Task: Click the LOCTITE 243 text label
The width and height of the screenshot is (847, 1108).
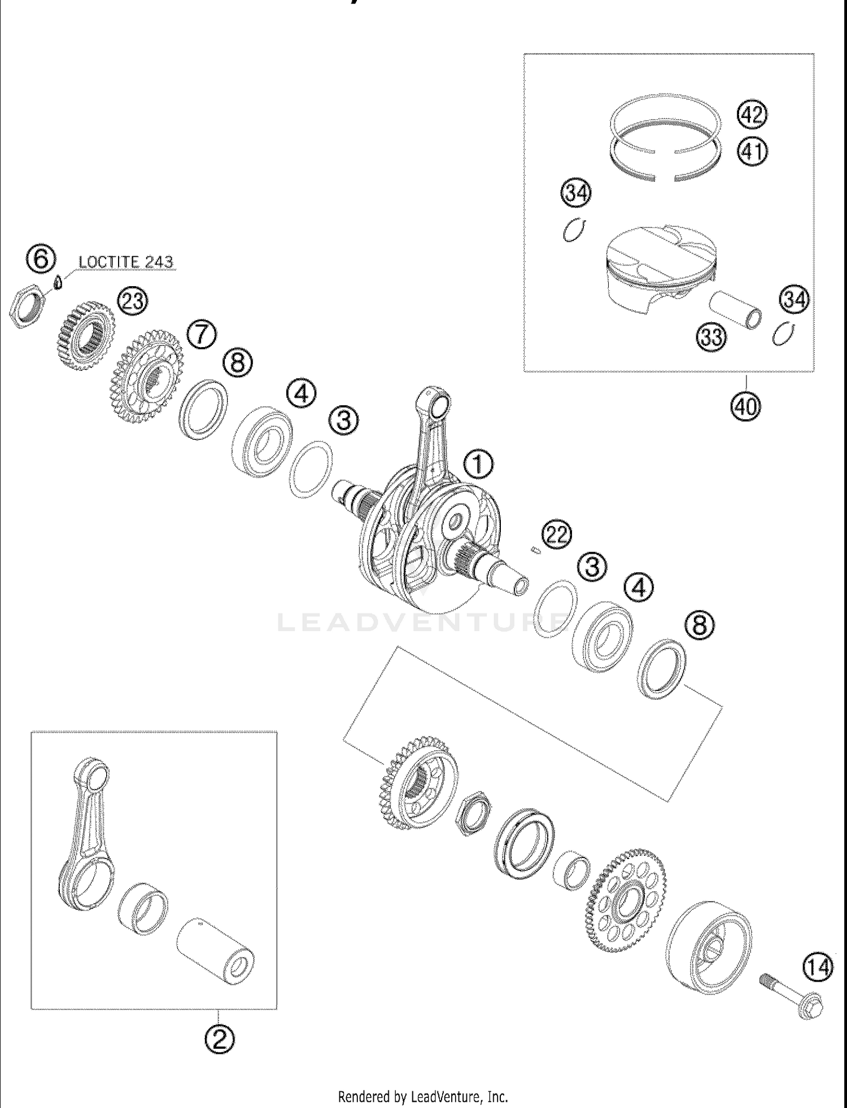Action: (125, 262)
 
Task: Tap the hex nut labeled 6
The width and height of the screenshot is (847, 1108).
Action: (26, 308)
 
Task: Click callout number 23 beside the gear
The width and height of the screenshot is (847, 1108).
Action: (133, 301)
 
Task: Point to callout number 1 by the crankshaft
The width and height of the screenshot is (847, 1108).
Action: (478, 465)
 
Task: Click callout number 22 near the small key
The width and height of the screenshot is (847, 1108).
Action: (557, 534)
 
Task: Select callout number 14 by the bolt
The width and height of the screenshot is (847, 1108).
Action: (818, 968)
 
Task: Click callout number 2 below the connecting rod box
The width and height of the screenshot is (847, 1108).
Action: (220, 1038)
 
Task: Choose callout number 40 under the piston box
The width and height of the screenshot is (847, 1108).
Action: (745, 406)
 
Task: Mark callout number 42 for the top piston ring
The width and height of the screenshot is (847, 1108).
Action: (752, 115)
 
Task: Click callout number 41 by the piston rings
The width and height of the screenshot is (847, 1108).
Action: (752, 152)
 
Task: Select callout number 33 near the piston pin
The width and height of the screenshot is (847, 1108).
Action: (711, 337)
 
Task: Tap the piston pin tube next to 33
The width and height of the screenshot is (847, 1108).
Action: (736, 309)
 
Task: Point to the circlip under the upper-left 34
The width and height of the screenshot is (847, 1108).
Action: (574, 230)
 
